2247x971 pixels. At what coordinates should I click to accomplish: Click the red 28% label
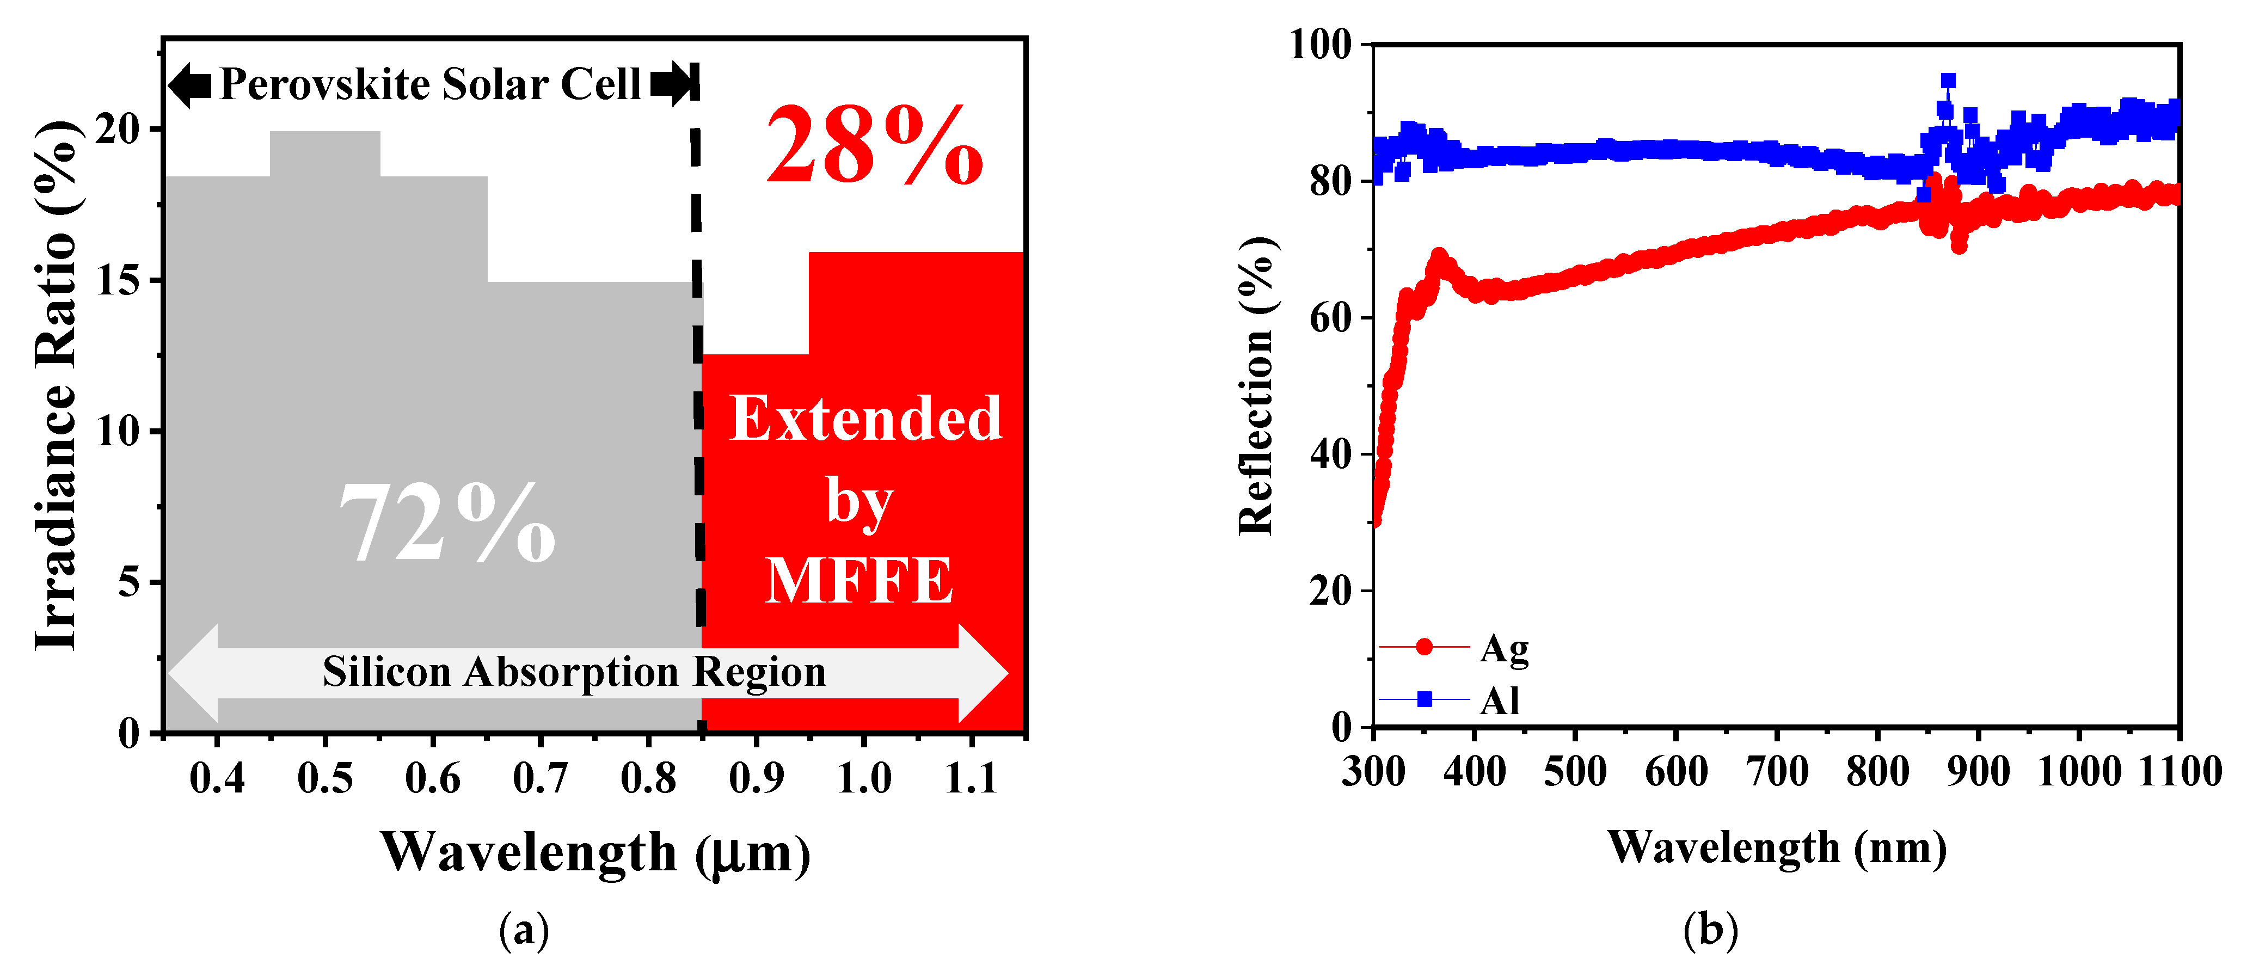click(874, 146)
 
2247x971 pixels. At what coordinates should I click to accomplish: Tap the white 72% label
click(446, 524)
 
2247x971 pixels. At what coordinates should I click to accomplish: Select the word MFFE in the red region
click(859, 581)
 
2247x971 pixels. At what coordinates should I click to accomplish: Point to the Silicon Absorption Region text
click(574, 672)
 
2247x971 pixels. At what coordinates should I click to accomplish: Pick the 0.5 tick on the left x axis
click(324, 777)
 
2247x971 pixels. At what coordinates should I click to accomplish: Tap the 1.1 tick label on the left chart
click(971, 777)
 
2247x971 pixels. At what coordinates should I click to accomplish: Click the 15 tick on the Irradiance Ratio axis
click(117, 281)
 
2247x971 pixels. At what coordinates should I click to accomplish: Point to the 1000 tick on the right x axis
click(2079, 771)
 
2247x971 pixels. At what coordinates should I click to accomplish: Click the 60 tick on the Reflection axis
click(1329, 317)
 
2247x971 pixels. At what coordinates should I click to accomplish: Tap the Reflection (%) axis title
click(1257, 385)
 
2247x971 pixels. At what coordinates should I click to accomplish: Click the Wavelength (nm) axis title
click(1776, 847)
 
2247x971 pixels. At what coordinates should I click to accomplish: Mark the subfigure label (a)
click(524, 931)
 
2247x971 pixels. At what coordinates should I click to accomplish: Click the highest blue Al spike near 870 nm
click(1947, 81)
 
